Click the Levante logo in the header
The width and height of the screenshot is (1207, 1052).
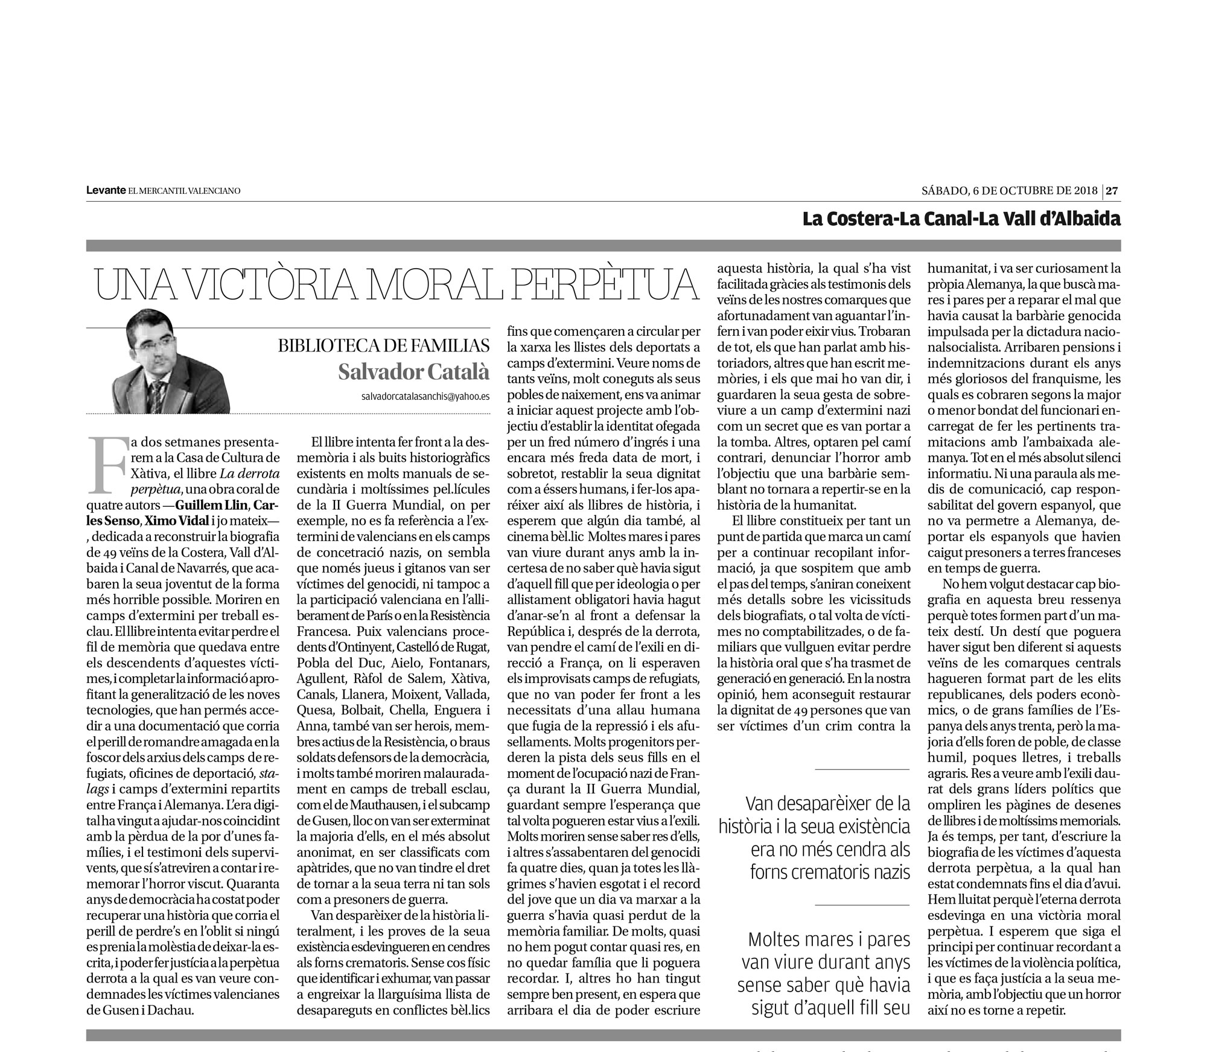click(x=106, y=191)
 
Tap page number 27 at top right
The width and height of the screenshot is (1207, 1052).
click(x=1112, y=191)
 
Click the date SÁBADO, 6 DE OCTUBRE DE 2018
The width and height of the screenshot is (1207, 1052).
click(x=1009, y=191)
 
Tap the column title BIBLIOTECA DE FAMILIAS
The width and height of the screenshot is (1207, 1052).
click(x=383, y=346)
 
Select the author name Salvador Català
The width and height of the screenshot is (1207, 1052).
click(x=413, y=372)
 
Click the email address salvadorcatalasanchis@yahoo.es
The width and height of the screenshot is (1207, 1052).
click(x=425, y=397)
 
